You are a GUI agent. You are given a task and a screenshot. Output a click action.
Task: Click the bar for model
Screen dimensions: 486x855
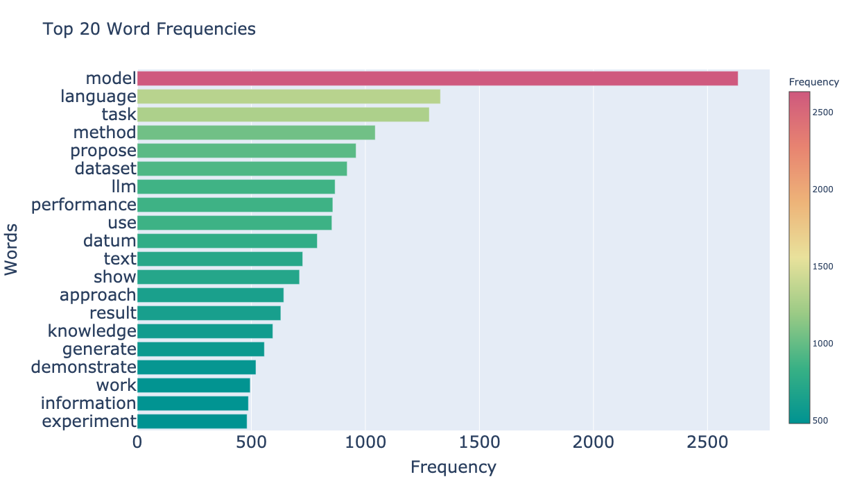click(437, 78)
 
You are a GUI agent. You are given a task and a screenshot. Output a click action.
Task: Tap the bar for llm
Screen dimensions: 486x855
click(236, 187)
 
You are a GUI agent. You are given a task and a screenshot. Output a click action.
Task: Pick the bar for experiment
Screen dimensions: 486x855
click(192, 421)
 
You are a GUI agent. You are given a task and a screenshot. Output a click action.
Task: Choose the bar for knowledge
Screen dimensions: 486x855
click(205, 331)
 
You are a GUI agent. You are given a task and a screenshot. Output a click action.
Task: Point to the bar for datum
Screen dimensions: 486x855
click(227, 241)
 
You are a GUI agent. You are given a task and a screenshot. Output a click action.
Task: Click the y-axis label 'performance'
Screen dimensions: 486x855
click(84, 205)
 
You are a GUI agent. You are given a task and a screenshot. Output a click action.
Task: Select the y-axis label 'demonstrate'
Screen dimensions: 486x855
click(84, 367)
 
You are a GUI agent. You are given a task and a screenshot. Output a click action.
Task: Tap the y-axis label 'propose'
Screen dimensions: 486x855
click(103, 151)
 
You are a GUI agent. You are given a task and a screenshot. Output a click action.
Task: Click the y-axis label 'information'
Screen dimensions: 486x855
click(89, 403)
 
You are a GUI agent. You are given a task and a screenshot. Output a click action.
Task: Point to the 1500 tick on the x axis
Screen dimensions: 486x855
click(479, 443)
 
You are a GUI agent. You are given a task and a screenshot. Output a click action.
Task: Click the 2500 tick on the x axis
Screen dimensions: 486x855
click(707, 443)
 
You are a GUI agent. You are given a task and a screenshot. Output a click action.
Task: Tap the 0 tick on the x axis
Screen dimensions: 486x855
click(137, 443)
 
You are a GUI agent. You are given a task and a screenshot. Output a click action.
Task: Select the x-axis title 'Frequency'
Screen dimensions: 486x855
click(454, 467)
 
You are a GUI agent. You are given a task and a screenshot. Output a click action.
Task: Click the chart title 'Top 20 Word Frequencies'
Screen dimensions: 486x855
click(149, 29)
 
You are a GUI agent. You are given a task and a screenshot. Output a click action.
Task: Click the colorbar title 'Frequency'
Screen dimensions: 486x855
click(814, 82)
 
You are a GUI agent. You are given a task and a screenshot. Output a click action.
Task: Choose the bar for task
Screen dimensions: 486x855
click(283, 115)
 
